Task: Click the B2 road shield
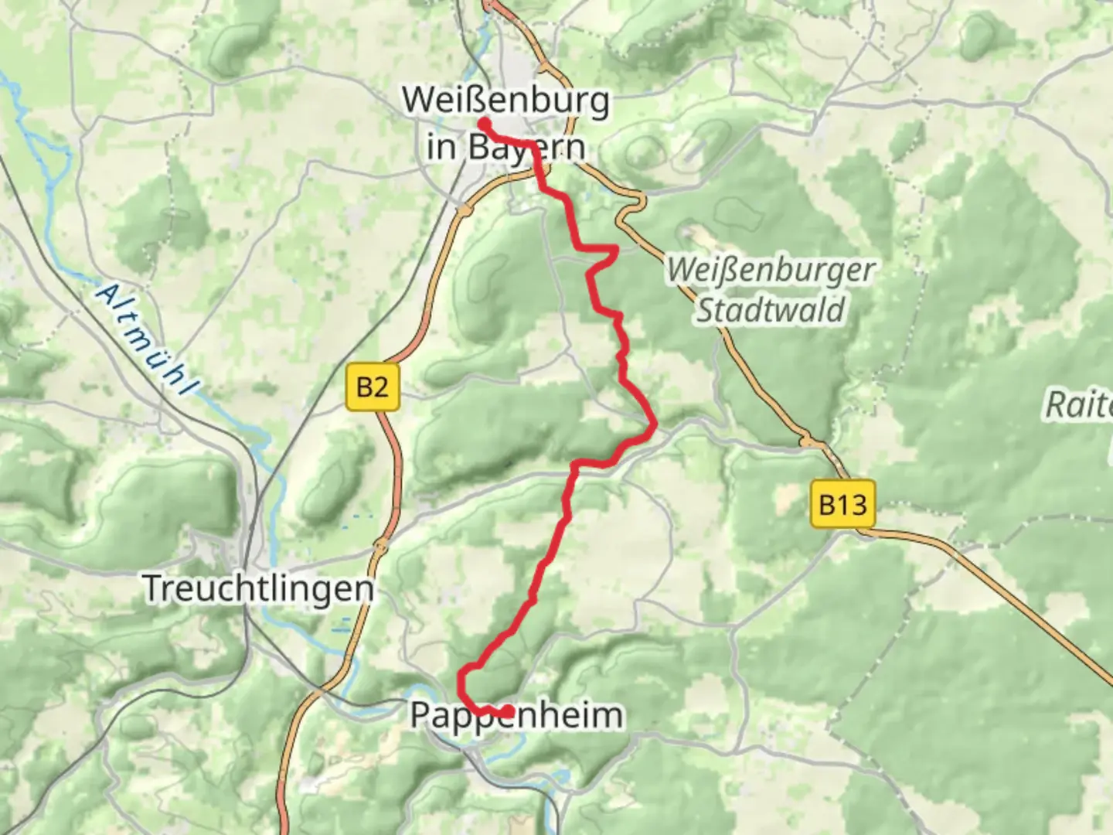(x=372, y=386)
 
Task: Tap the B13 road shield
(x=842, y=505)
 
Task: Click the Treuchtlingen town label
(x=259, y=589)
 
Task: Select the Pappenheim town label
(x=516, y=715)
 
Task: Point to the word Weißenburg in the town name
(x=505, y=101)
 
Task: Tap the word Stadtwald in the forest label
(x=771, y=310)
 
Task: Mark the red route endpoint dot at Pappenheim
(x=508, y=711)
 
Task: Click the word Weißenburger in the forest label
(x=771, y=271)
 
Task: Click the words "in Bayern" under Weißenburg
(x=505, y=146)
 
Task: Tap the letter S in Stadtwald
(x=706, y=310)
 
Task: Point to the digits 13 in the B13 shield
(x=852, y=505)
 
